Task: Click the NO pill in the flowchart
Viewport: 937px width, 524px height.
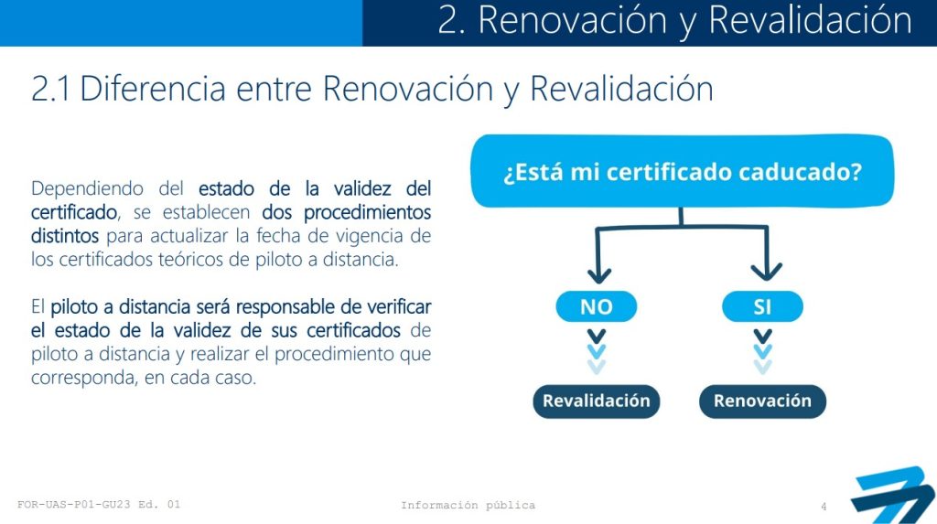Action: [x=597, y=306]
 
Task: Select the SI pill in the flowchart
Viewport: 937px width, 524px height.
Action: [x=762, y=306]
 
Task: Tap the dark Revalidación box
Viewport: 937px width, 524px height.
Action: [x=597, y=401]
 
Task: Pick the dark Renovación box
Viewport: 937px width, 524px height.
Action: [x=762, y=401]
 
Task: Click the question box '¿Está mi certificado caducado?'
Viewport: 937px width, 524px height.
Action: [x=682, y=172]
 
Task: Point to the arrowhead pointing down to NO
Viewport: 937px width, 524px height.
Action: [x=598, y=275]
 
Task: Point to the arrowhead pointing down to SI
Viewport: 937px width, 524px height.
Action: [x=766, y=273]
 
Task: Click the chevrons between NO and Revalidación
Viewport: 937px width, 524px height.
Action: [x=597, y=352]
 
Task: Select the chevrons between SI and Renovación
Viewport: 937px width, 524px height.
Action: [x=762, y=352]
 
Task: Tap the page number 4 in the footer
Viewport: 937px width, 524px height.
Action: [x=824, y=507]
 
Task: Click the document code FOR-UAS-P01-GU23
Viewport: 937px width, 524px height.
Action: [x=73, y=504]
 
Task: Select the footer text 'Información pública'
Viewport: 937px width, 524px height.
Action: [x=468, y=506]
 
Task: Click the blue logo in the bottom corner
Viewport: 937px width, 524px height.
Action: [x=892, y=496]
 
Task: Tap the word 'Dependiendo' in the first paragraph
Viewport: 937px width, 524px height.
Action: [x=87, y=188]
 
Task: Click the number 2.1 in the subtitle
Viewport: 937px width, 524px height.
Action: [x=50, y=89]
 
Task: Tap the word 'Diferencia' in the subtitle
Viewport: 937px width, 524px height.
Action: [x=153, y=89]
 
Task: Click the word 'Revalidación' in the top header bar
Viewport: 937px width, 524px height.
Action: [x=811, y=20]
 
